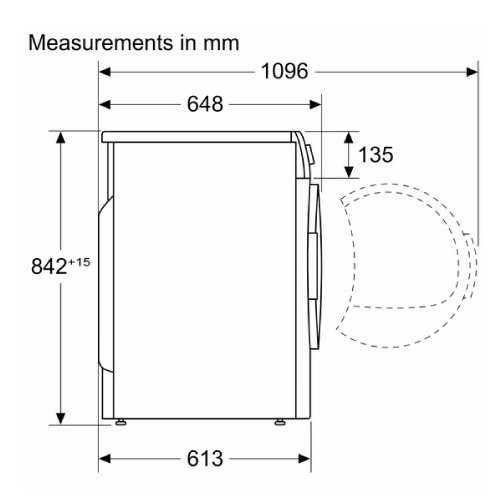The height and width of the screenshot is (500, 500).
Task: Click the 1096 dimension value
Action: [284, 71]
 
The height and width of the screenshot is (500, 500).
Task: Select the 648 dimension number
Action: [205, 104]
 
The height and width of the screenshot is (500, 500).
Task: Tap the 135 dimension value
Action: [376, 155]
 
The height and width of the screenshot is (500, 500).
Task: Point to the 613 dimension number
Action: [205, 458]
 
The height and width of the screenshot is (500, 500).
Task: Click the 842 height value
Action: [49, 266]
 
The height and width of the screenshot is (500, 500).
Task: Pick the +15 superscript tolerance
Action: [79, 262]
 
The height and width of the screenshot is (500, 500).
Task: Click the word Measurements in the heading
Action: [101, 43]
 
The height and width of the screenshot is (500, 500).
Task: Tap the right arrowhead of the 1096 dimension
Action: [472, 72]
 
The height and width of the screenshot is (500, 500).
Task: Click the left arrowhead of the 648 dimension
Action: [105, 104]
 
